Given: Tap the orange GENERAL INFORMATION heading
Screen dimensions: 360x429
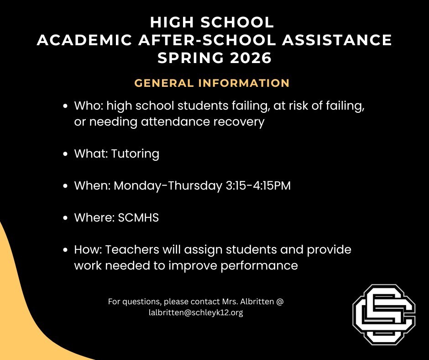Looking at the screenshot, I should coord(212,83).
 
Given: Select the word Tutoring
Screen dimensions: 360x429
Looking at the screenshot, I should coord(135,154).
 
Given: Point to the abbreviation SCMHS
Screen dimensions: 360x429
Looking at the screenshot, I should coord(138,217).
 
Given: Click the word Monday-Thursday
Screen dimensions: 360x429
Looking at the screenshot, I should coord(167,186).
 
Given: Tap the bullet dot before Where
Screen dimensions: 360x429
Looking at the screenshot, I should coord(65,218).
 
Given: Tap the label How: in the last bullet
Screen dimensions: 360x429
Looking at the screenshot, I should coord(88,250).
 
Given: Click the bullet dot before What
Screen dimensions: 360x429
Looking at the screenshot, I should coord(65,154).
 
